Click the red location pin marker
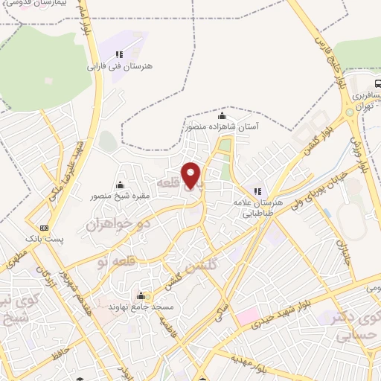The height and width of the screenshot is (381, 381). pyautogui.click(x=192, y=174)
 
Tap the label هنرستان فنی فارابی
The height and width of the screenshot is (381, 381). pyautogui.click(x=121, y=66)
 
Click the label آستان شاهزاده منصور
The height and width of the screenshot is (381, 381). pyautogui.click(x=221, y=127)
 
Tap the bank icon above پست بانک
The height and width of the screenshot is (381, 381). pyautogui.click(x=45, y=228)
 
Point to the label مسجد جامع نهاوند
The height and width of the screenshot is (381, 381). pyautogui.click(x=141, y=306)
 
